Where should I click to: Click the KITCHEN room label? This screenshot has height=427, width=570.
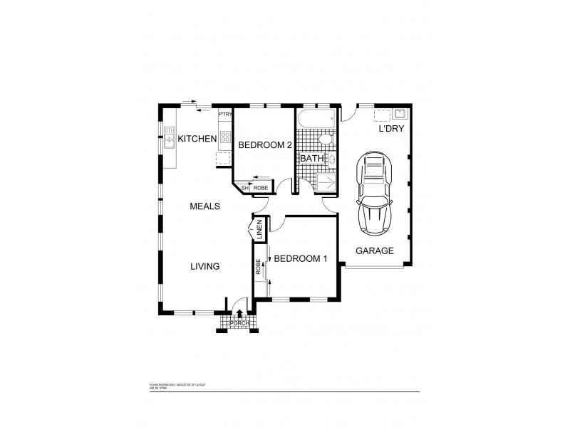tap(197, 139)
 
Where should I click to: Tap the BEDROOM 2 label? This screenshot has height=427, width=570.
tap(264, 144)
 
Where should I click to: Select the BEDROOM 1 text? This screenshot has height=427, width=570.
tap(301, 258)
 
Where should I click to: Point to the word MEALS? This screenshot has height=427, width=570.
tap(204, 206)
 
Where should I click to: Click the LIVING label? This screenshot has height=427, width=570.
tap(204, 267)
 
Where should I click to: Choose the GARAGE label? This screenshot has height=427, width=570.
tap(375, 251)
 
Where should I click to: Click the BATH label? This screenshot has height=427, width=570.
tap(312, 158)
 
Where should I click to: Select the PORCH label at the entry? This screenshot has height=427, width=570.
tap(239, 324)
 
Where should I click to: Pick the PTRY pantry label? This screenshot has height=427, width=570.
tap(225, 114)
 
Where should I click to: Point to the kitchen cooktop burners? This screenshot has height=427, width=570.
tap(225, 136)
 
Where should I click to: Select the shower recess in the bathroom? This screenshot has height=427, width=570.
tap(326, 182)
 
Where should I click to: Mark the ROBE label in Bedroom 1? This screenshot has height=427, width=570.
tap(259, 268)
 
